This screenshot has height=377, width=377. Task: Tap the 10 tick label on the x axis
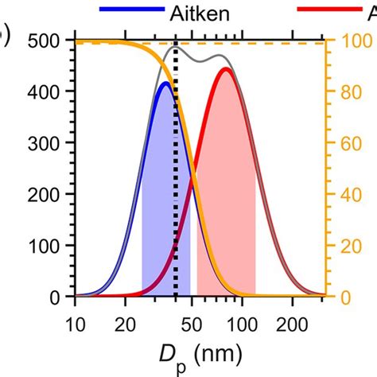tap(75, 323)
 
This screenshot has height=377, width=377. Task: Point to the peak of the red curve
tap(226, 69)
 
